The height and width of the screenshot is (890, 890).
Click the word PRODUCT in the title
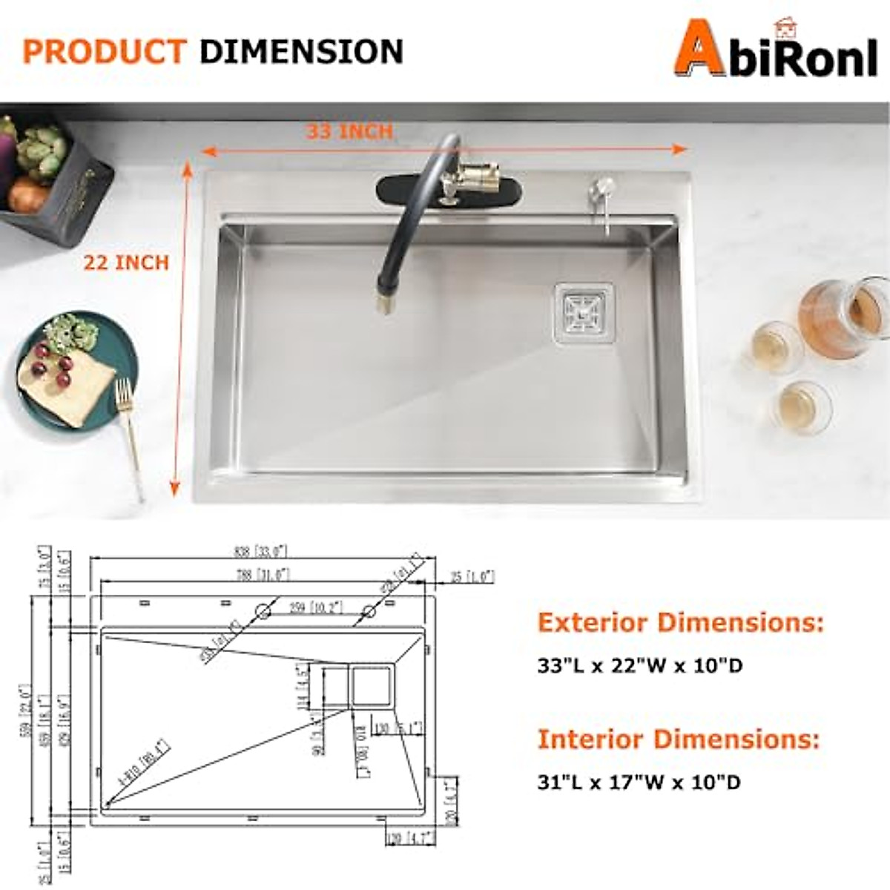coord(104,52)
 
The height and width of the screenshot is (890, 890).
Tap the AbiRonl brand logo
coord(775,50)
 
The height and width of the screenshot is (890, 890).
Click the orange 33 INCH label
coord(349,132)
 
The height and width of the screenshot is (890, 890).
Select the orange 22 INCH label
coord(126,263)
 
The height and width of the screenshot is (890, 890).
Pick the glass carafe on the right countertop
coord(842,319)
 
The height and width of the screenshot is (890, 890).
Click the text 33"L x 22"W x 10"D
coord(640,665)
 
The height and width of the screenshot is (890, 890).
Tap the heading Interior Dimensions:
coord(679,739)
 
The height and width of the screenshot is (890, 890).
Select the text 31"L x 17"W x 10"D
coord(639,782)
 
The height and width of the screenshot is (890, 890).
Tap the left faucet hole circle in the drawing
coord(262,610)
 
